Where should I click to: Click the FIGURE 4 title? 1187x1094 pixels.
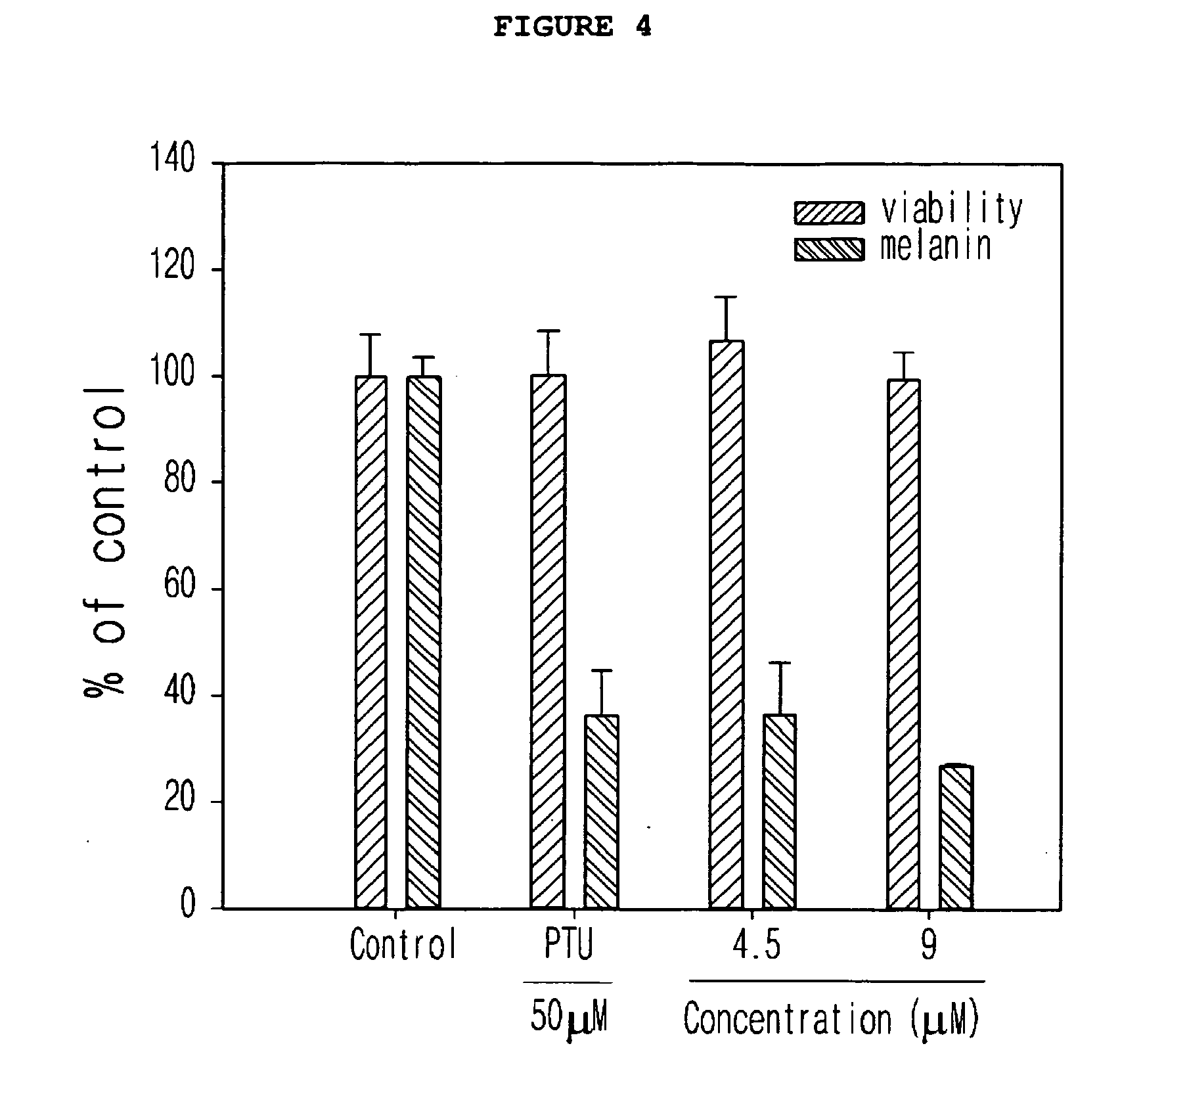(x=572, y=27)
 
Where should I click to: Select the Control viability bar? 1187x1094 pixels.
(x=371, y=642)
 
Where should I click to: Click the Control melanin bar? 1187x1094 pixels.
(x=424, y=642)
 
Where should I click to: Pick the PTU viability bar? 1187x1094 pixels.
(x=548, y=641)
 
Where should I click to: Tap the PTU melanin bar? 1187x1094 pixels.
(x=601, y=811)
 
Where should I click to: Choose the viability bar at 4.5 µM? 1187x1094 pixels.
(x=726, y=624)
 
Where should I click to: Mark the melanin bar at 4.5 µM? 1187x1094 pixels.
(x=779, y=811)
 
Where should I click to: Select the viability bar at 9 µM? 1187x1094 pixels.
(x=903, y=644)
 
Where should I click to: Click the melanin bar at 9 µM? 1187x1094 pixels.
(x=956, y=837)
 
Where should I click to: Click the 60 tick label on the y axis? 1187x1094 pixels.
(x=181, y=586)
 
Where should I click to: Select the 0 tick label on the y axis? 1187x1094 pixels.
(x=189, y=905)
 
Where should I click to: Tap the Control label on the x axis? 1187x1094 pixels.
(x=403, y=945)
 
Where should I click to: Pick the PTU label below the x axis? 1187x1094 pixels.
(x=569, y=945)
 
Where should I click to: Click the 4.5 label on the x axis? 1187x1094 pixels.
(x=757, y=945)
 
